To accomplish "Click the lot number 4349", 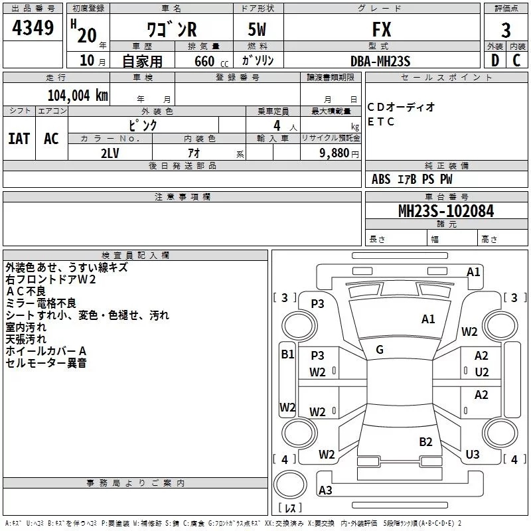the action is [33, 28].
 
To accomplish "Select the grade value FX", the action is [382, 29].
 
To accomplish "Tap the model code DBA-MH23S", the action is [380, 61].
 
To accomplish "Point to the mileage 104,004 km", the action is [78, 96].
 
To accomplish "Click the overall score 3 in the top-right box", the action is [506, 31].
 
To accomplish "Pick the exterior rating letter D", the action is [495, 60].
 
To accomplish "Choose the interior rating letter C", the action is [516, 60].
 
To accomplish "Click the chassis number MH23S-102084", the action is [446, 211].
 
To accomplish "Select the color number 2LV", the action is [110, 153].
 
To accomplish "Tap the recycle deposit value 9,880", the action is [335, 153].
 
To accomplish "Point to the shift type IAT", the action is [19, 139].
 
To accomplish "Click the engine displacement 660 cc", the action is [211, 61].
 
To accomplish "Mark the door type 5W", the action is [257, 29].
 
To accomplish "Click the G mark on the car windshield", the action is [380, 350].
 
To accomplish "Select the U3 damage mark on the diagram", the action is [473, 454].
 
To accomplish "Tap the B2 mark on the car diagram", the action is [425, 442].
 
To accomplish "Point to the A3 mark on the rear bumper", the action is [325, 490].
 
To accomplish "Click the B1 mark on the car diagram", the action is [287, 354].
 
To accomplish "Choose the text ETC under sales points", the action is [381, 121].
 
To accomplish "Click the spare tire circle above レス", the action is [290, 484].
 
